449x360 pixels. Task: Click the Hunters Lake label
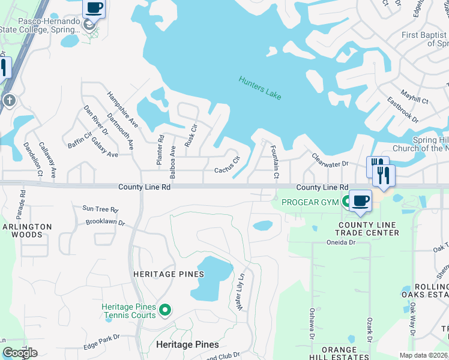click(260, 88)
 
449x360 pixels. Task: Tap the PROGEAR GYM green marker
click(346, 202)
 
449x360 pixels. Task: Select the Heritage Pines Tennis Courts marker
click(166, 310)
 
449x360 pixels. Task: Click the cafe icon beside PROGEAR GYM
click(360, 201)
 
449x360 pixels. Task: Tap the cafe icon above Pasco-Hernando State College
click(94, 8)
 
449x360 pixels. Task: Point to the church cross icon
click(9, 100)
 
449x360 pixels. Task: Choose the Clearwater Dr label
click(330, 160)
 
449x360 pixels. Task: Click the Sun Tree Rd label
click(100, 209)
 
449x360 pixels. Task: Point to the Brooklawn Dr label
click(105, 222)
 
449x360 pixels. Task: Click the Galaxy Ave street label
click(104, 147)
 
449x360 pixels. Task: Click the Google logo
click(20, 353)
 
